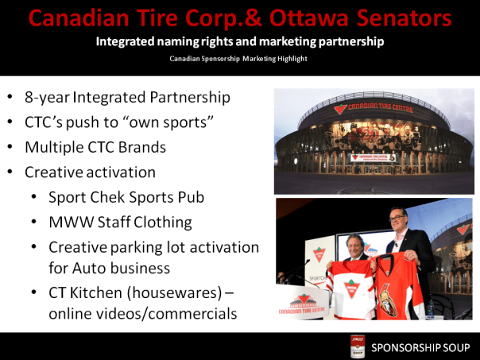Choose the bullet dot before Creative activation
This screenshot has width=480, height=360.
click(9, 172)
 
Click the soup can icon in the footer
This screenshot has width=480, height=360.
click(358, 346)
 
